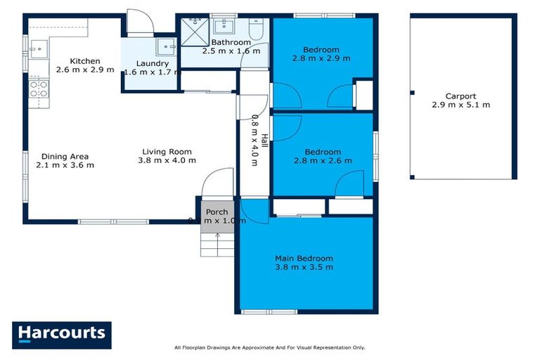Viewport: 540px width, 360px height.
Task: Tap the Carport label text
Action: tap(461, 96)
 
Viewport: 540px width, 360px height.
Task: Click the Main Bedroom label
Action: tap(304, 258)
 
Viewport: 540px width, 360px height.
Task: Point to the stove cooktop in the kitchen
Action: tap(38, 89)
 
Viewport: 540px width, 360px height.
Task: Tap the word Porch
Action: tap(217, 212)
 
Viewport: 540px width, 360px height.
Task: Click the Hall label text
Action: tap(264, 141)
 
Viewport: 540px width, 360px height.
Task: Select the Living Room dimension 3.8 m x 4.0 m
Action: tap(167, 160)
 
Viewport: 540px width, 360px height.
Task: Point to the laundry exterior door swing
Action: tap(139, 22)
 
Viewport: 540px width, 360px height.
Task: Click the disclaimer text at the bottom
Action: tap(270, 347)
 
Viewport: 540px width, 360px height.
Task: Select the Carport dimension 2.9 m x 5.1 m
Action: tap(461, 105)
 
